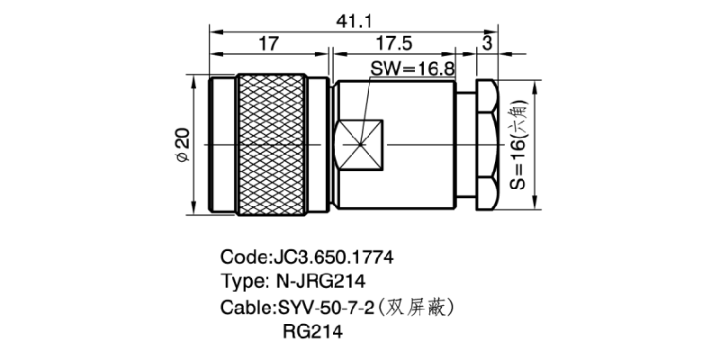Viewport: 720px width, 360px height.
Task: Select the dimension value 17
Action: pos(266,43)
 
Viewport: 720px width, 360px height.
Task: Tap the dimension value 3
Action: pos(487,43)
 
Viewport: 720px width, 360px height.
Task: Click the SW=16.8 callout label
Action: pos(411,67)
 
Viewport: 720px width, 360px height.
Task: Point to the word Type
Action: pos(241,282)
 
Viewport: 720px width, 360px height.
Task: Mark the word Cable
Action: pos(244,307)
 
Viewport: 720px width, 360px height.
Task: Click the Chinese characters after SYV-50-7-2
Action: pos(420,307)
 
